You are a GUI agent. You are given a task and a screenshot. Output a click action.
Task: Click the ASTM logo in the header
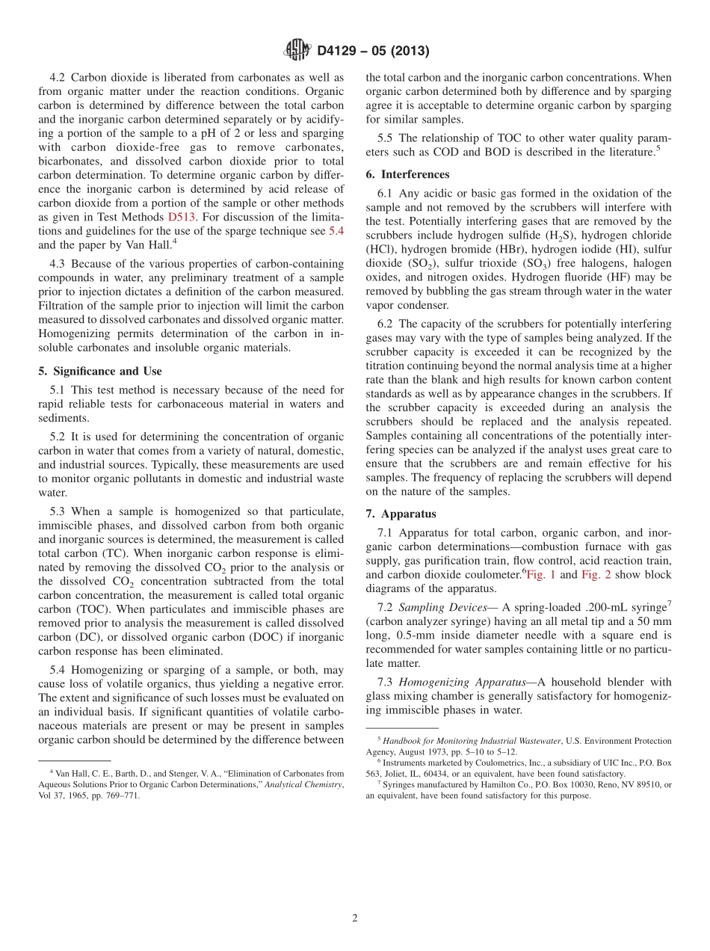(297, 50)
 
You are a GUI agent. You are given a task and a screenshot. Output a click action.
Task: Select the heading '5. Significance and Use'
(99, 371)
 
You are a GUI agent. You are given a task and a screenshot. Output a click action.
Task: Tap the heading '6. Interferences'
(407, 174)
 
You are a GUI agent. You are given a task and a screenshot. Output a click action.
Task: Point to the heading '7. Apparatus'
(401, 514)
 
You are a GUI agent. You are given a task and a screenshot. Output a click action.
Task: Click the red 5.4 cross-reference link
(336, 231)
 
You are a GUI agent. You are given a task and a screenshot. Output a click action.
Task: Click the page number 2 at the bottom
(355, 918)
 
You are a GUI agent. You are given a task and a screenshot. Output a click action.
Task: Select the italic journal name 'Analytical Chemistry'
(302, 784)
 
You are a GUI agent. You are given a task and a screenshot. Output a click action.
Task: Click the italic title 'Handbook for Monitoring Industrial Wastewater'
(471, 741)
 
